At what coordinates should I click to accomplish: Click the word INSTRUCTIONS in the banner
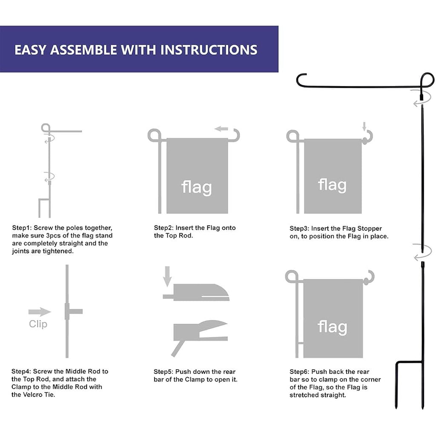point(209,50)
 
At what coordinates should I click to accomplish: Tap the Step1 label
point(22,228)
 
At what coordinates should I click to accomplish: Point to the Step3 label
point(299,229)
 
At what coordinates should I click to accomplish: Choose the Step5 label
point(163,372)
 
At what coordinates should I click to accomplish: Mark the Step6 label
point(299,372)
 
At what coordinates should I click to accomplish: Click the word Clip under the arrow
point(38,324)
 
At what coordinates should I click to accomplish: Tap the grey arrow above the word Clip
point(40,312)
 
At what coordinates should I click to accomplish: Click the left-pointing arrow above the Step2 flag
point(221,129)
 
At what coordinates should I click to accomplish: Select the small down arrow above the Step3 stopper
point(364,126)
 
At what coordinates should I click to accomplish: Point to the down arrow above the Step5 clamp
point(167,276)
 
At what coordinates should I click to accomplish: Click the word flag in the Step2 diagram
point(197,187)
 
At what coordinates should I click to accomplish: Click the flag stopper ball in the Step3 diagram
point(364,141)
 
